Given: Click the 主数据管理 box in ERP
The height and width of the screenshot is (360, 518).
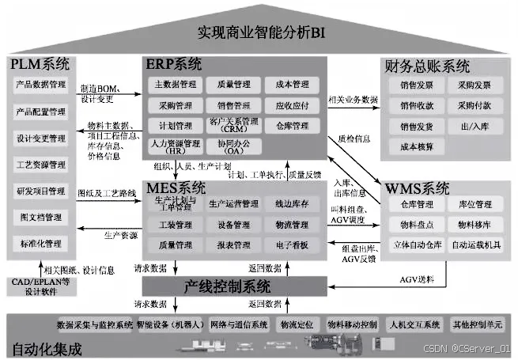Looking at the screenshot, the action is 174,84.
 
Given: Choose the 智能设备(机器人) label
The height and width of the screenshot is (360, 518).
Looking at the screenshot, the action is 169,324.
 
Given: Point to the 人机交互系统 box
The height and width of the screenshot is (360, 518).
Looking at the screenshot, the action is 413,324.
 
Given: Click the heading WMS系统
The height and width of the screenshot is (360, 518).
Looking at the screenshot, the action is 418,188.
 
